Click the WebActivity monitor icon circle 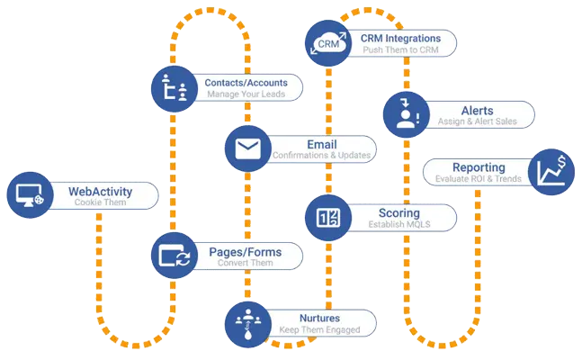click(x=28, y=195)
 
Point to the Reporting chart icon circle click(x=551, y=171)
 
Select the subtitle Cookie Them click(x=101, y=203)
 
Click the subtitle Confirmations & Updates click(x=322, y=155)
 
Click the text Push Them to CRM click(x=401, y=51)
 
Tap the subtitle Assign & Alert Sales click(x=478, y=121)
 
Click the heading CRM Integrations click(x=401, y=38)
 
